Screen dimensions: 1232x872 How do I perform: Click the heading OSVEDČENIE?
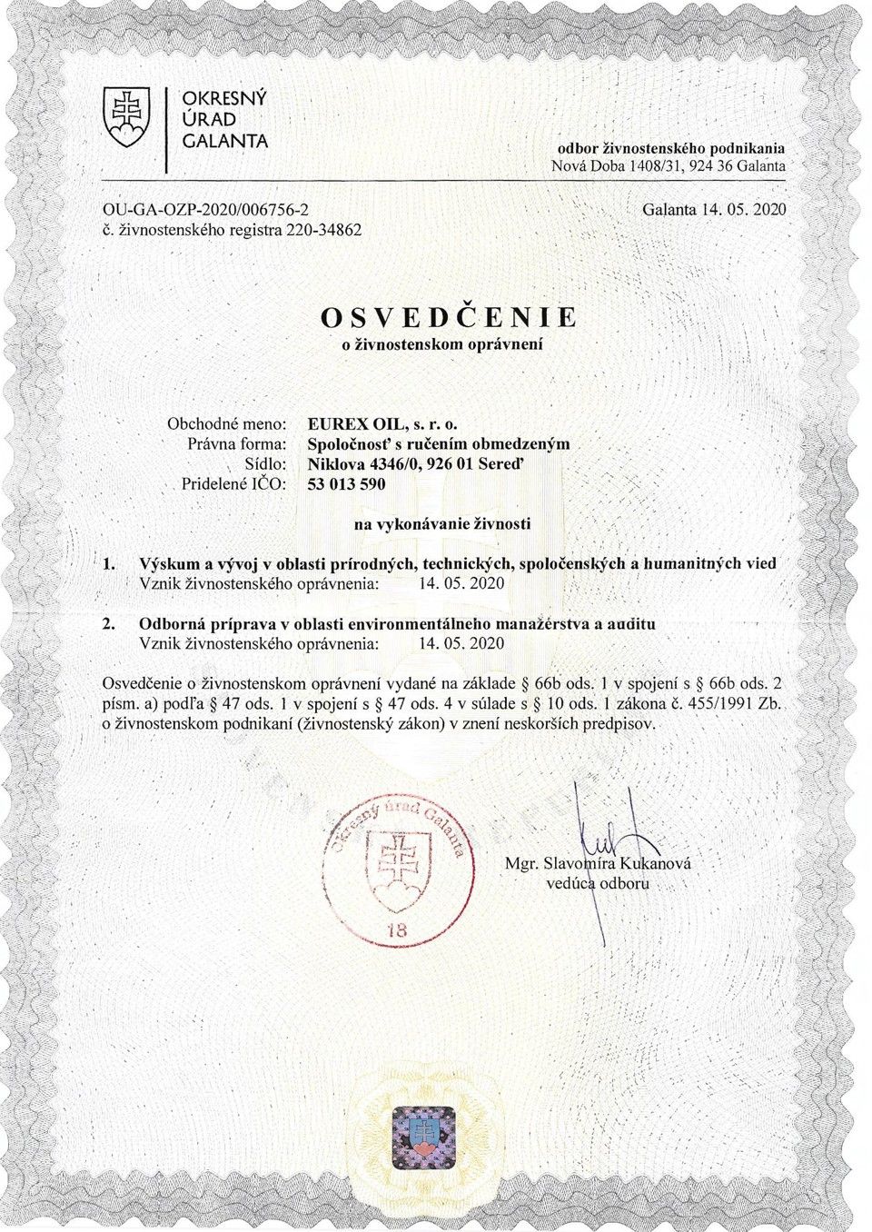pos(449,317)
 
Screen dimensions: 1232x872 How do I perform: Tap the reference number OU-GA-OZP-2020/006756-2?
pos(206,210)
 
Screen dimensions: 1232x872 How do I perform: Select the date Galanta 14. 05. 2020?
pos(713,210)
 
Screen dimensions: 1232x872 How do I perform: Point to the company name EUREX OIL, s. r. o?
pos(386,423)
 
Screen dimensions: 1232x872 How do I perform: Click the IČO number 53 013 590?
pos(347,484)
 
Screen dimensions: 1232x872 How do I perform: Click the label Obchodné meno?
pos(227,423)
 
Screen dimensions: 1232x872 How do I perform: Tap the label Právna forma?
pos(236,444)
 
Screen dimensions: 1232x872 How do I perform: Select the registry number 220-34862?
pos(323,230)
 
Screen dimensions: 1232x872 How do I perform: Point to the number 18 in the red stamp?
pos(397,929)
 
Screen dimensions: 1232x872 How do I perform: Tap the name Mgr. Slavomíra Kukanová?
pos(597,862)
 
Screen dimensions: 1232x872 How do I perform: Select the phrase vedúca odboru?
pos(598,883)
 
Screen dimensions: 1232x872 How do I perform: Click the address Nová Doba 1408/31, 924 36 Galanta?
pos(668,166)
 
